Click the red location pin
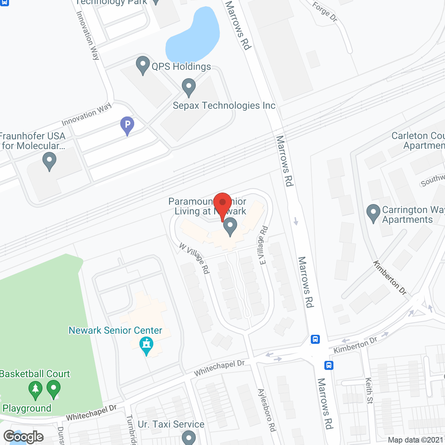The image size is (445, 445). pyautogui.click(x=222, y=205)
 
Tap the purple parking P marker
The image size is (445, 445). pyautogui.click(x=127, y=125)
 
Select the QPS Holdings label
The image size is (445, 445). pyautogui.click(x=181, y=66)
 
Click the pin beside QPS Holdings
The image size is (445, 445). pyautogui.click(x=143, y=65)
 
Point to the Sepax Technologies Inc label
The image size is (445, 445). pyautogui.click(x=224, y=105)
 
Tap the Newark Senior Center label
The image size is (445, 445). pyautogui.click(x=115, y=330)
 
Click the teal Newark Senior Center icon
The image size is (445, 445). pyautogui.click(x=146, y=346)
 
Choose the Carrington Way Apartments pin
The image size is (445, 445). pyautogui.click(x=373, y=213)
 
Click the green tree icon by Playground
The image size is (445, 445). pyautogui.click(x=35, y=390)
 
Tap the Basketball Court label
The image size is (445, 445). pyautogui.click(x=35, y=374)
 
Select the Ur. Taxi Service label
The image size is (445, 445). pyautogui.click(x=171, y=424)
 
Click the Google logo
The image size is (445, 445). pyautogui.click(x=23, y=437)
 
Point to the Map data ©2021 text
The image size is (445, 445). pyautogui.click(x=416, y=440)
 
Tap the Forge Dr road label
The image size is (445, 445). pyautogui.click(x=325, y=12)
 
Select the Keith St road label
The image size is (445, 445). pyautogui.click(x=369, y=390)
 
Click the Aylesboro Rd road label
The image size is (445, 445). pyautogui.click(x=267, y=410)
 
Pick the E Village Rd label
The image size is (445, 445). pyautogui.click(x=263, y=245)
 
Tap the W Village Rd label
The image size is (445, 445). pyautogui.click(x=195, y=258)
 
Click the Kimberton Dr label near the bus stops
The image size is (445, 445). pyautogui.click(x=355, y=345)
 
